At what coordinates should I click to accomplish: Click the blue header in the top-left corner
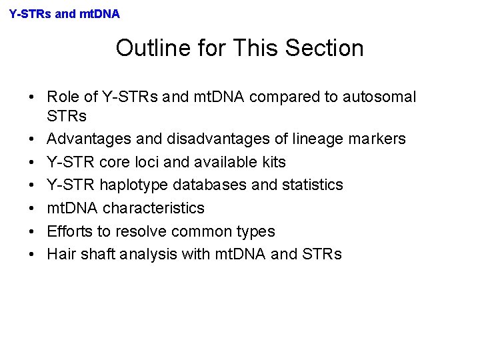65,13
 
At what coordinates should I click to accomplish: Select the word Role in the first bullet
63,97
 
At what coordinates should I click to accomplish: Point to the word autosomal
379,97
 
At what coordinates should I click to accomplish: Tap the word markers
378,139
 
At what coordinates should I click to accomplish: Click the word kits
272,162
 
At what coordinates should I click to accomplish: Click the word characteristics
154,208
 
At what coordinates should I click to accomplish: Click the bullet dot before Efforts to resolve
32,231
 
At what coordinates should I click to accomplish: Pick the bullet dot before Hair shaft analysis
32,254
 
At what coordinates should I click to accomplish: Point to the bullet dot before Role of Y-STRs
32,97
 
